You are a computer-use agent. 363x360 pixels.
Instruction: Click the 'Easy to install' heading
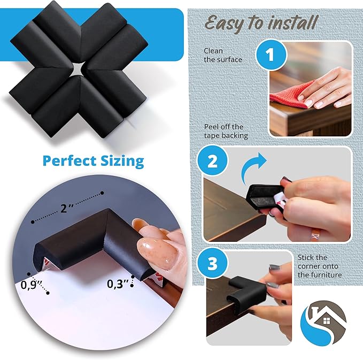[261, 23]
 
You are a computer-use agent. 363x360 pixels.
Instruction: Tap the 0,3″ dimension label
[119, 284]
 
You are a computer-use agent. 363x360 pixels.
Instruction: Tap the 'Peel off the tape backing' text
[226, 131]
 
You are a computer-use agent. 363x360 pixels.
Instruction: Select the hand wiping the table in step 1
[326, 88]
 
